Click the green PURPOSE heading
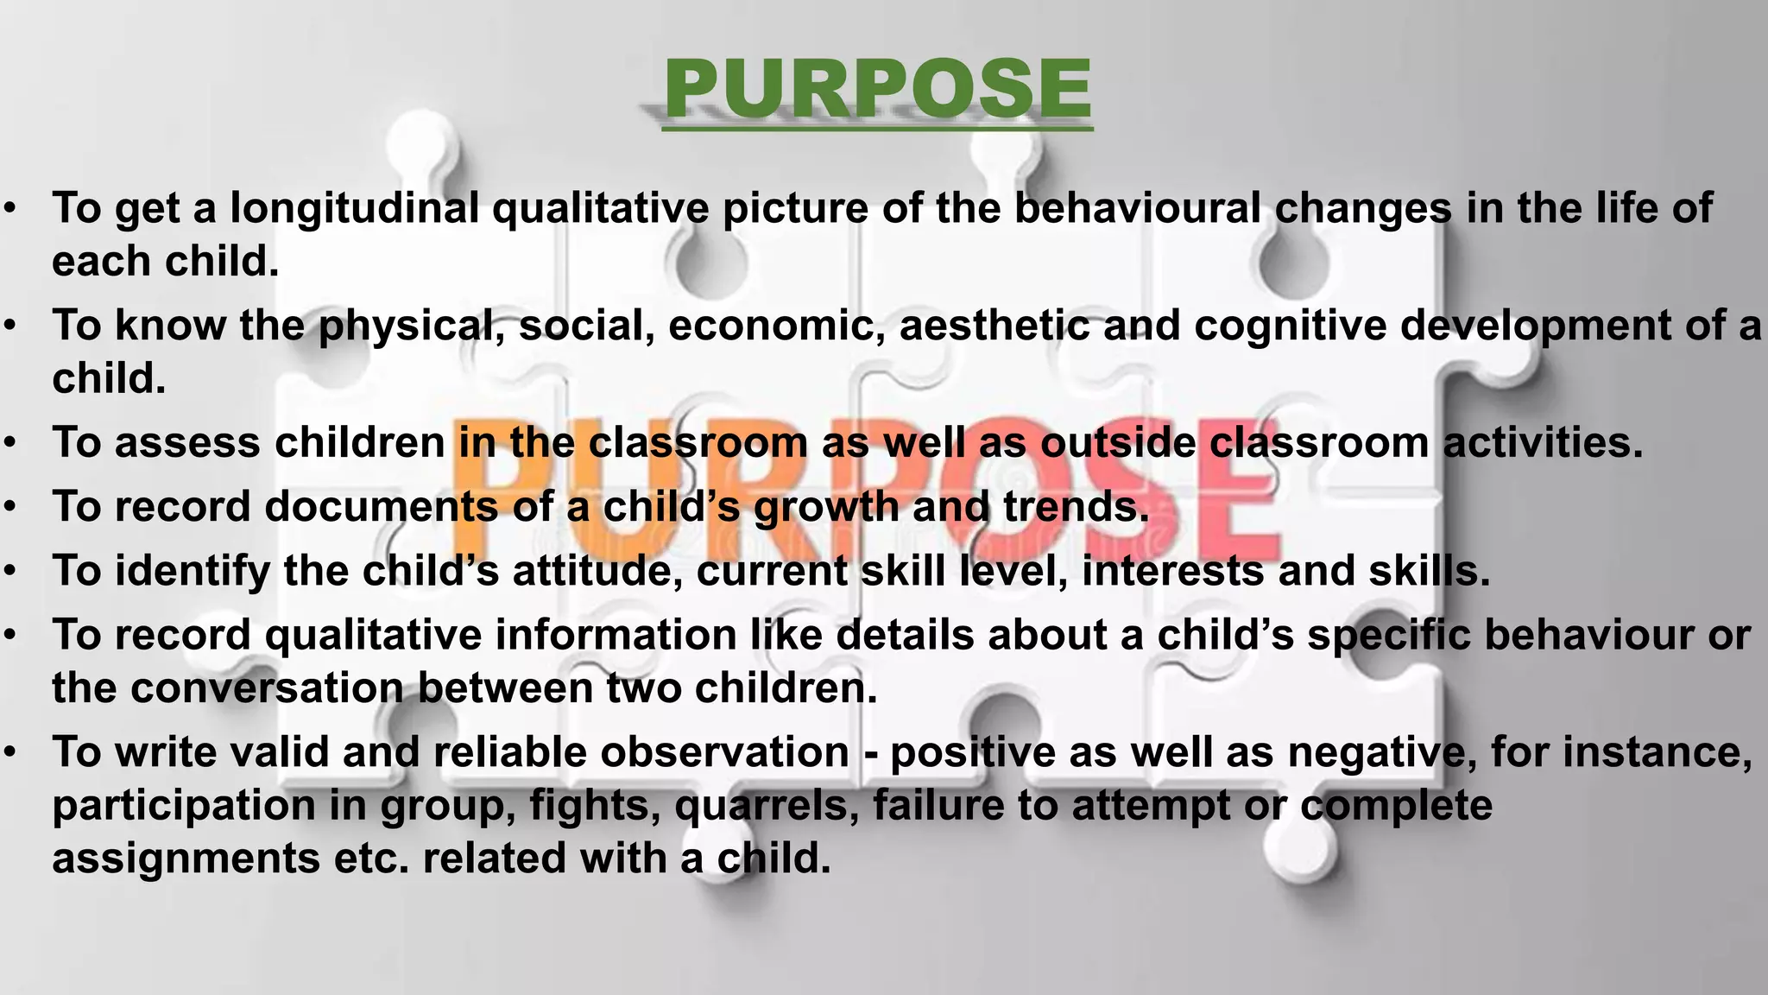click(x=878, y=89)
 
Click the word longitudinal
click(x=354, y=208)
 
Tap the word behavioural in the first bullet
click(x=1137, y=208)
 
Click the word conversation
click(x=267, y=688)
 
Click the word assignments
click(x=186, y=859)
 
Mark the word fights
click(x=595, y=806)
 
